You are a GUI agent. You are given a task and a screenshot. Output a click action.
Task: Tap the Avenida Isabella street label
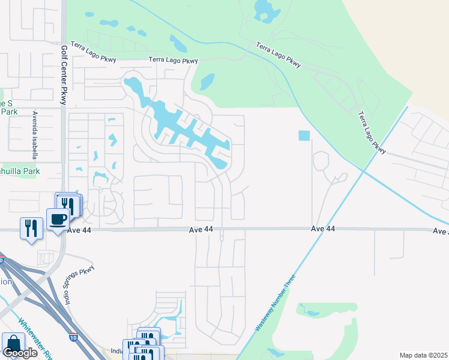35,135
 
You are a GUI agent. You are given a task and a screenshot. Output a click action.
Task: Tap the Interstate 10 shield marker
73,337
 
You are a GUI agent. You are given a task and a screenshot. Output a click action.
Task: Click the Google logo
20,353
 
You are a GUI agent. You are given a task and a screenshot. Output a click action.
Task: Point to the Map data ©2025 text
423,355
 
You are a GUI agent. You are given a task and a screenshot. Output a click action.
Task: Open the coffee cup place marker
58,220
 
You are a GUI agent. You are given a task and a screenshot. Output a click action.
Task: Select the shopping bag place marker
13,344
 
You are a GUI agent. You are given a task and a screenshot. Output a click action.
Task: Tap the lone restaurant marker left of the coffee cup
31,228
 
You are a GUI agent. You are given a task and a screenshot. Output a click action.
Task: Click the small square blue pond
304,136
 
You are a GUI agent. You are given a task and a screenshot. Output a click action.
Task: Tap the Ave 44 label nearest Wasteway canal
323,229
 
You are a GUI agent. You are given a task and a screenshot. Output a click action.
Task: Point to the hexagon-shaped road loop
321,161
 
